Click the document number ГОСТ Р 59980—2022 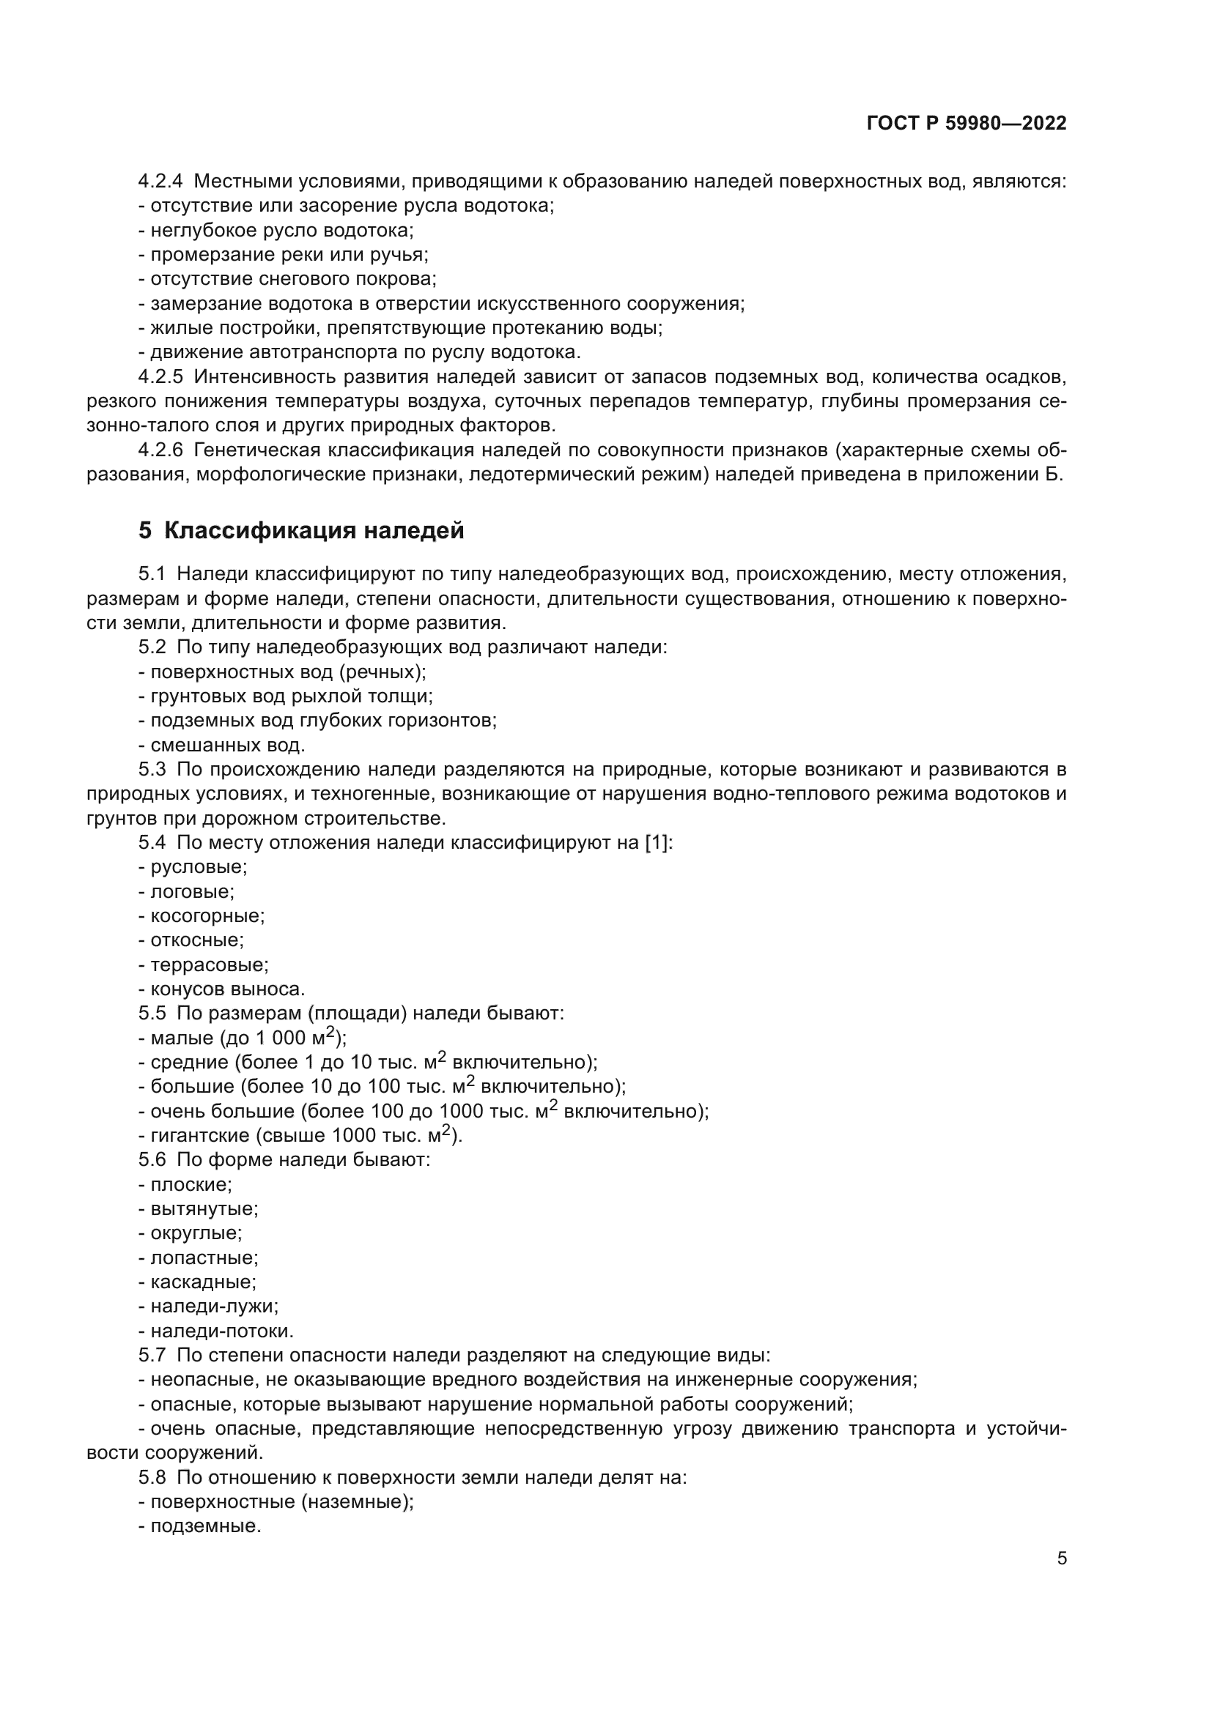[967, 124]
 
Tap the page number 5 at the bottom [1062, 1558]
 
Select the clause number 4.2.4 [160, 182]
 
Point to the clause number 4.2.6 [160, 450]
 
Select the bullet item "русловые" [199, 868]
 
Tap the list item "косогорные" [207, 916]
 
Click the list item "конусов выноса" [227, 989]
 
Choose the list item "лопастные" [204, 1258]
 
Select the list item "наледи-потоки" [221, 1331]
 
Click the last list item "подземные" [205, 1526]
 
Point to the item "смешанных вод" [227, 746]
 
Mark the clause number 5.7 [152, 1356]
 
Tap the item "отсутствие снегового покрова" [292, 280]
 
